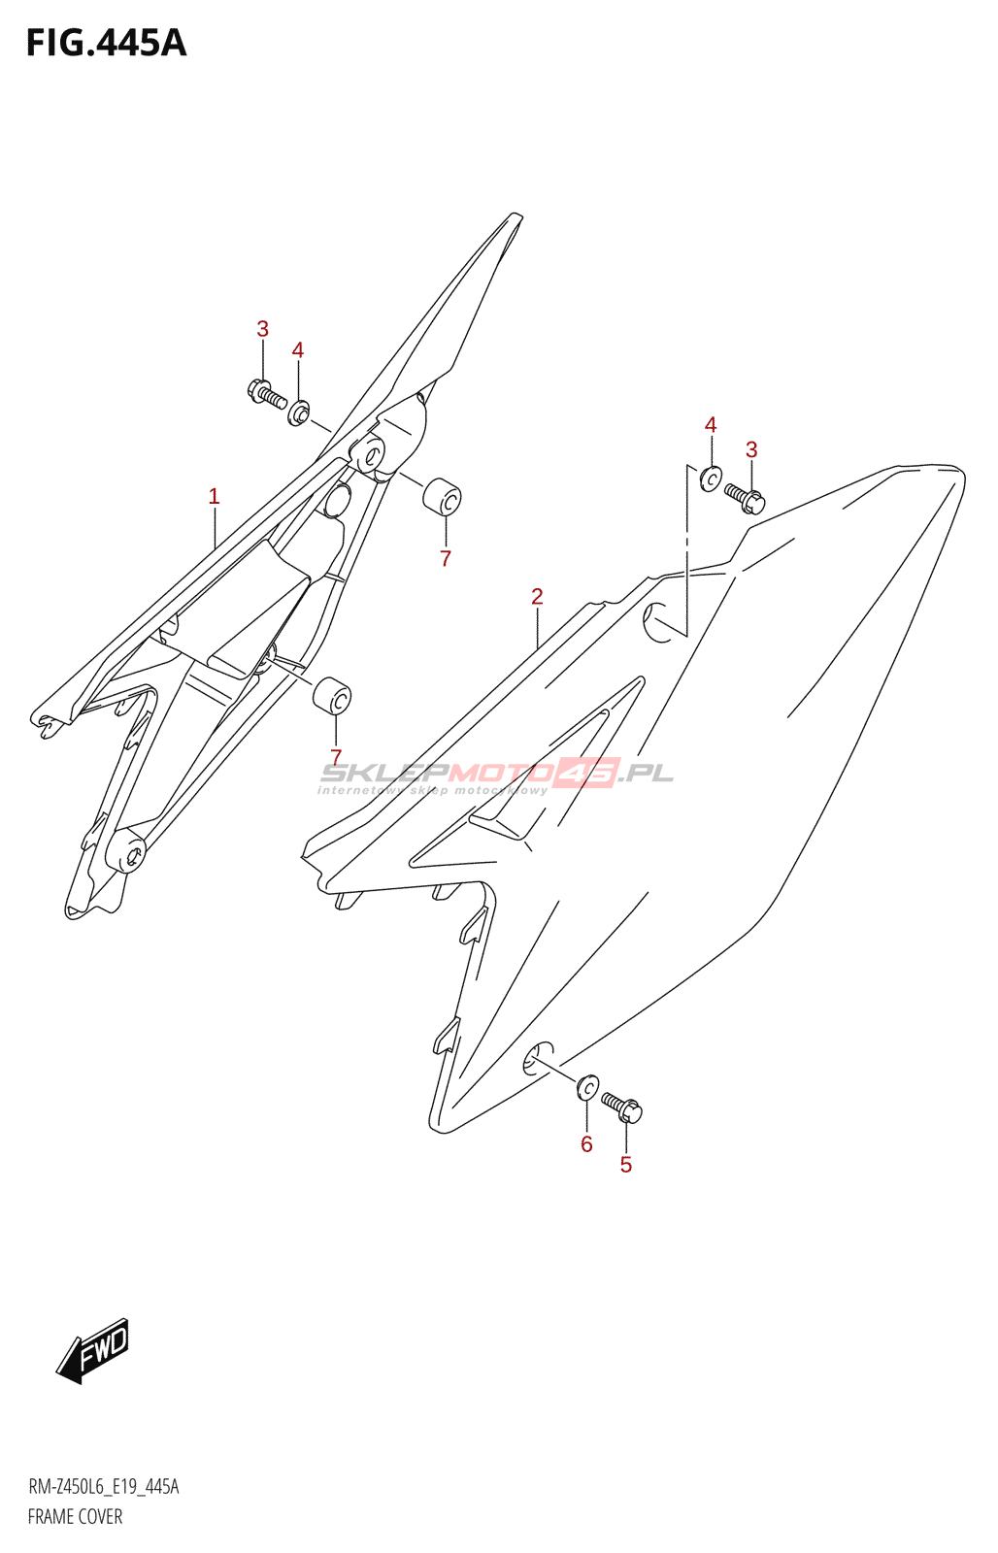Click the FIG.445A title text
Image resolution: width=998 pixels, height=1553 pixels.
pyautogui.click(x=106, y=44)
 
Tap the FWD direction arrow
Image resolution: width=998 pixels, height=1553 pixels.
pyautogui.click(x=93, y=1349)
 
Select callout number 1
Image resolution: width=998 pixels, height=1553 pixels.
pyautogui.click(x=214, y=496)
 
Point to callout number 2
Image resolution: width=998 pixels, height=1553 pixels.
pyautogui.click(x=537, y=596)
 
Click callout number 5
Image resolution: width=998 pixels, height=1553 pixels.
pyautogui.click(x=626, y=1165)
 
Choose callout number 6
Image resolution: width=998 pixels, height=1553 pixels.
pyautogui.click(x=586, y=1144)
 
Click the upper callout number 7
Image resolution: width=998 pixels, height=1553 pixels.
pyautogui.click(x=446, y=558)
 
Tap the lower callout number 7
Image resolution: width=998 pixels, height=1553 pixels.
pyautogui.click(x=336, y=757)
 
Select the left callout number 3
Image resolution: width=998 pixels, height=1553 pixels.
pyautogui.click(x=262, y=329)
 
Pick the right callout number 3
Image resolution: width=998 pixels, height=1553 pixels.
pyautogui.click(x=751, y=449)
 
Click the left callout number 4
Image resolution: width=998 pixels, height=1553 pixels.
pyautogui.click(x=298, y=350)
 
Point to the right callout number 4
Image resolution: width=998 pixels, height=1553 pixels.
pyautogui.click(x=711, y=425)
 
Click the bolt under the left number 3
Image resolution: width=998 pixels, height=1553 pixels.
pyautogui.click(x=266, y=394)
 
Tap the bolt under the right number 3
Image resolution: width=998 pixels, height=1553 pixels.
pyautogui.click(x=746, y=498)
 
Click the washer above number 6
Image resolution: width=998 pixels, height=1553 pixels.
pyautogui.click(x=587, y=1087)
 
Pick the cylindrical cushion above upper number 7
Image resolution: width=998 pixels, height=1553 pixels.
pyautogui.click(x=442, y=496)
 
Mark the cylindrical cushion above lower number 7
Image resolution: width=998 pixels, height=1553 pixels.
pyautogui.click(x=332, y=695)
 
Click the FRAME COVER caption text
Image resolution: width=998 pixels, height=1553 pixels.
pyautogui.click(x=75, y=1516)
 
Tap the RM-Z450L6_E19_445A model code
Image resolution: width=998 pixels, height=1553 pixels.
pyautogui.click(x=103, y=1487)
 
